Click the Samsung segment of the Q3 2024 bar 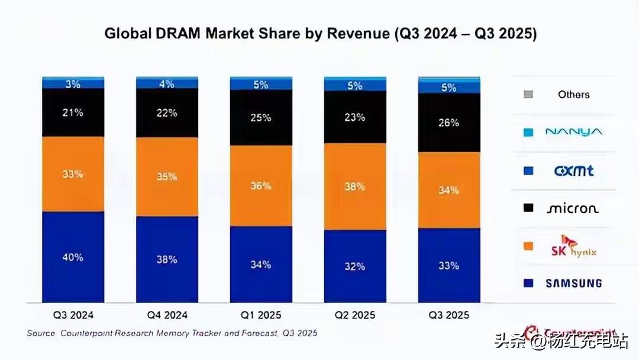(x=73, y=258)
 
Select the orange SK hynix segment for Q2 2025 (x=354, y=187)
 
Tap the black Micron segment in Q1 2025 (x=260, y=118)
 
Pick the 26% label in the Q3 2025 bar (x=449, y=123)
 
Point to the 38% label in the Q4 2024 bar (x=167, y=259)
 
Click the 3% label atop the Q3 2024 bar (x=73, y=84)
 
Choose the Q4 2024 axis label (x=167, y=315)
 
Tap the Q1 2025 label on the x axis (x=260, y=315)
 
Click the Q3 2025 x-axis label (x=449, y=315)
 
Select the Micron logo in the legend (x=572, y=208)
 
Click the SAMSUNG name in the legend (x=573, y=283)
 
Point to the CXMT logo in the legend (x=573, y=171)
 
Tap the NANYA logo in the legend (x=573, y=132)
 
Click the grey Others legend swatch (x=528, y=94)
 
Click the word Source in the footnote (x=41, y=333)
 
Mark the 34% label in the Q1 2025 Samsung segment (x=260, y=264)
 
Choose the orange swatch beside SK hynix (x=528, y=246)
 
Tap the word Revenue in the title (x=360, y=34)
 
